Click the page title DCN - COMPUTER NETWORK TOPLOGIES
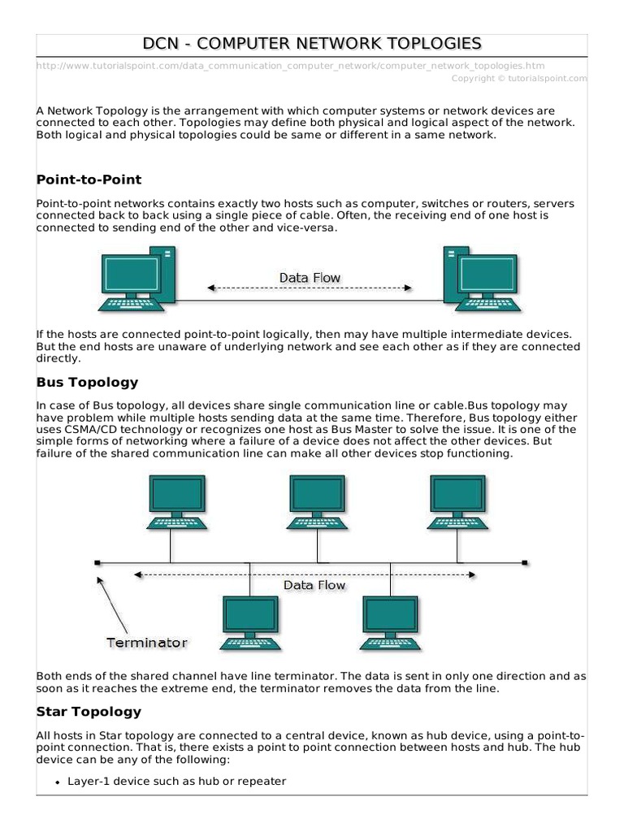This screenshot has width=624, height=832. tap(312, 44)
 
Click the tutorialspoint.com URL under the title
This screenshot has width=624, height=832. tap(291, 65)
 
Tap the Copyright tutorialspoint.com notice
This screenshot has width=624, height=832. tap(518, 78)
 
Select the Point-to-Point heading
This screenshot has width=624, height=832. tap(89, 179)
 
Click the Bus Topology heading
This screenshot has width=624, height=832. tap(87, 382)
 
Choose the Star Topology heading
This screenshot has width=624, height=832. tap(89, 711)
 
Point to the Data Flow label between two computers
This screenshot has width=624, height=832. tap(310, 278)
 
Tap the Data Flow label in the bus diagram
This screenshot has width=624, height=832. tap(314, 585)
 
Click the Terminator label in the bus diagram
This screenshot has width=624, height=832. tap(147, 643)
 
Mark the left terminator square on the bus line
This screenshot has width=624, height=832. tap(97, 562)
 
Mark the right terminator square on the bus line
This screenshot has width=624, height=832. tap(525, 562)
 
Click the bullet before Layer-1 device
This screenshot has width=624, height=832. tap(58, 782)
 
